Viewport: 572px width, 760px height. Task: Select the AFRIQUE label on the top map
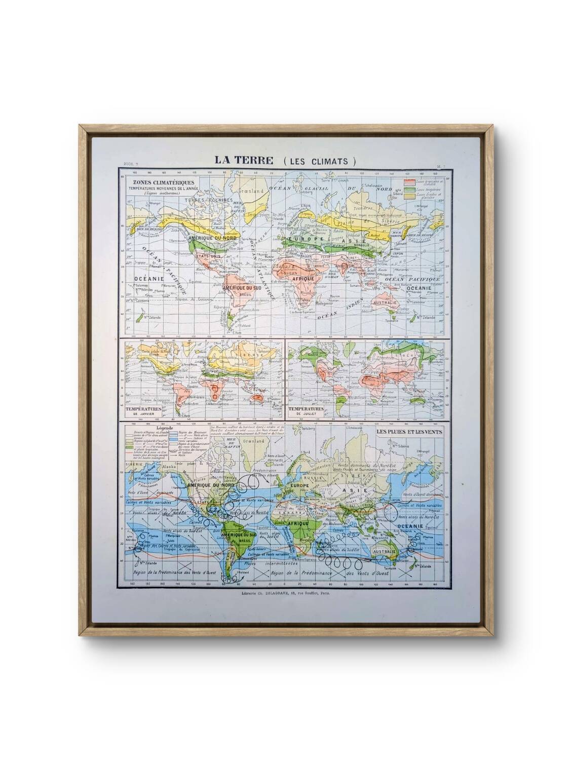(x=303, y=278)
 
